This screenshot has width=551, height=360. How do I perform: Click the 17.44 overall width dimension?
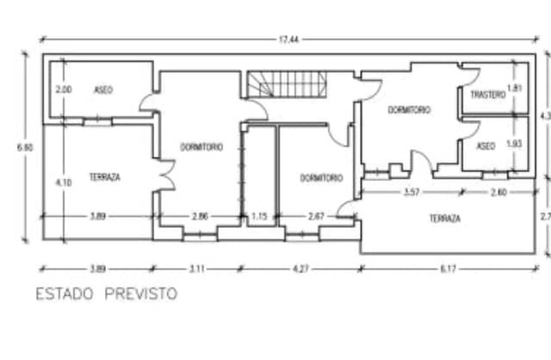click(283, 40)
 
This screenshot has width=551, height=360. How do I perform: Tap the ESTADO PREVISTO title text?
click(106, 294)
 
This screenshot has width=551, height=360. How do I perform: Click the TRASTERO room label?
click(487, 95)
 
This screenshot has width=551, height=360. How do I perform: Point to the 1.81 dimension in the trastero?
click(515, 88)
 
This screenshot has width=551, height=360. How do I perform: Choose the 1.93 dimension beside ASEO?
click(515, 144)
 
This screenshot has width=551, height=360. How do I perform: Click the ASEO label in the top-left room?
click(103, 90)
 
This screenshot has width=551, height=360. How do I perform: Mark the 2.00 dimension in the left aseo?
click(64, 90)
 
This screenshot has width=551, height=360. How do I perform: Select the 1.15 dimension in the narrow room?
click(258, 216)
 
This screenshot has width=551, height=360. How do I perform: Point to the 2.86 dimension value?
click(200, 216)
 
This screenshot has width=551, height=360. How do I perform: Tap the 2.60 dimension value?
click(498, 192)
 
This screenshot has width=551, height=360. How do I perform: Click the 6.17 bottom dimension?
click(448, 269)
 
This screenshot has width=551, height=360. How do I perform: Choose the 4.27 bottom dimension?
click(300, 269)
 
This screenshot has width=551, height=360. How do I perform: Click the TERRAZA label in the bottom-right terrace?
click(444, 219)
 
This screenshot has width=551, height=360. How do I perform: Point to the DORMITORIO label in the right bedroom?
click(409, 110)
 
